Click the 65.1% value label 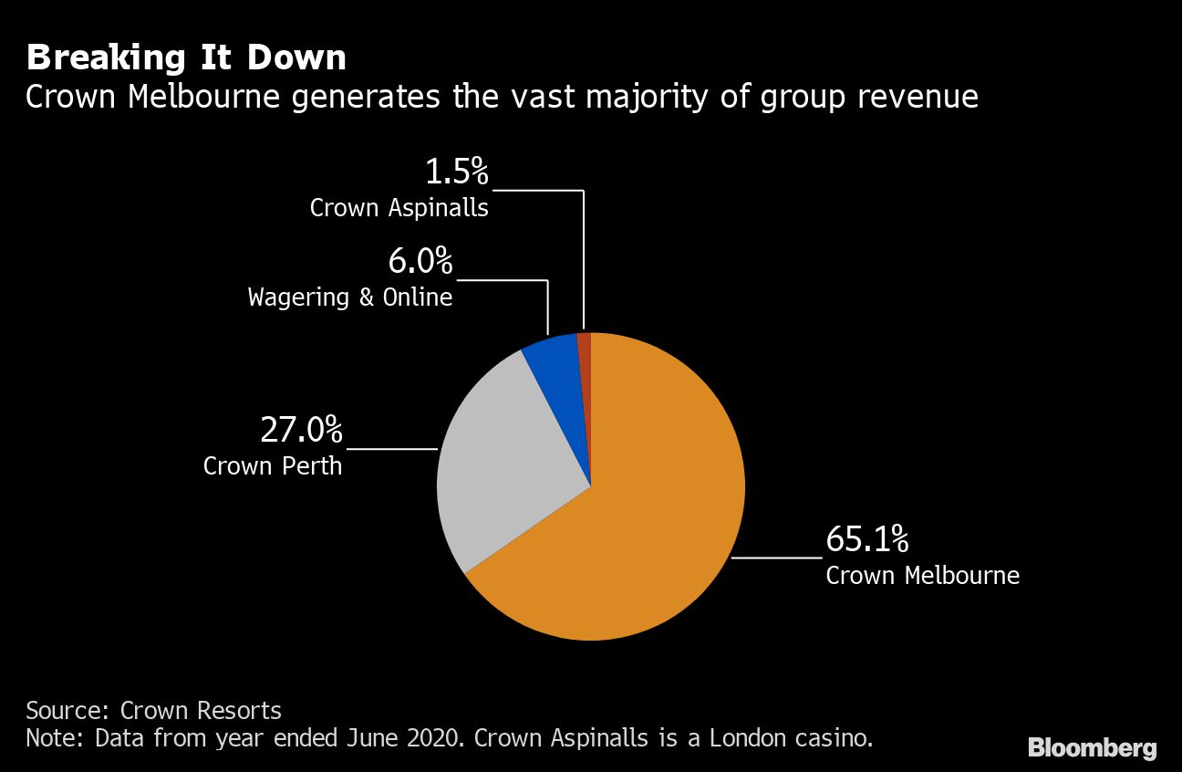pyautogui.click(x=866, y=539)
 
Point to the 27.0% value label pyautogui.click(x=301, y=429)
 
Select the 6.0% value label pyautogui.click(x=420, y=262)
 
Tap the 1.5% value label pyautogui.click(x=457, y=172)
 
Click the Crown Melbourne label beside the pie pyautogui.click(x=922, y=576)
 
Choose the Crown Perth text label pyautogui.click(x=273, y=466)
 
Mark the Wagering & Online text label pyautogui.click(x=350, y=297)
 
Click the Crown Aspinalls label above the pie pyautogui.click(x=399, y=208)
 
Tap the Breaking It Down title pyautogui.click(x=186, y=58)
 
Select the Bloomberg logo pyautogui.click(x=1092, y=748)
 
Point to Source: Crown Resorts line pyautogui.click(x=153, y=711)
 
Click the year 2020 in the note pyautogui.click(x=431, y=738)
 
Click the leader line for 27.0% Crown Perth pyautogui.click(x=392, y=449)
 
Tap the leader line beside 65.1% pyautogui.click(x=777, y=557)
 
